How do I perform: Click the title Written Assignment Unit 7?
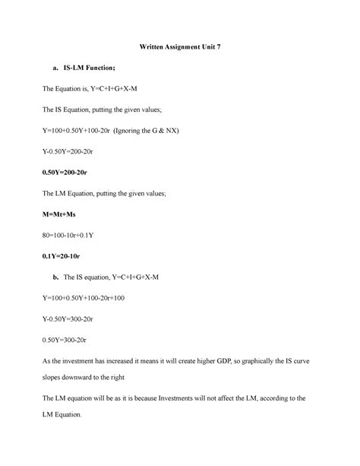click(179, 48)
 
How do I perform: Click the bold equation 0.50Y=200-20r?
click(72, 173)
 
